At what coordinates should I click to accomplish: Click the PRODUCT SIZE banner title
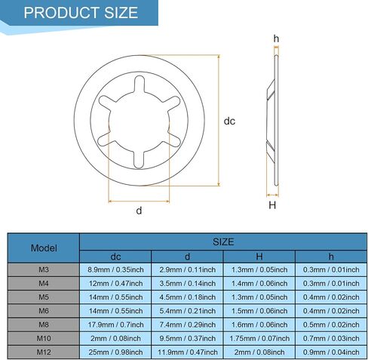tap(81, 13)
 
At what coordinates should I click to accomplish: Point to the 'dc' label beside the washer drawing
tap(229, 122)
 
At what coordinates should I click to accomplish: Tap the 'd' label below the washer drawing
tap(139, 211)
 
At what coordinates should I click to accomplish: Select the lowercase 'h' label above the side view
tap(276, 38)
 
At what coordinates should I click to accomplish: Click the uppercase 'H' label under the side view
tap(272, 205)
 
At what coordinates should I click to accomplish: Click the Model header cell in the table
tap(44, 248)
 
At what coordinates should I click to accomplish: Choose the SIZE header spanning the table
tap(223, 242)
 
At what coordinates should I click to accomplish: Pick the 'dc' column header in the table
tap(115, 257)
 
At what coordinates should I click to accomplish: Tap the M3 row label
tap(44, 269)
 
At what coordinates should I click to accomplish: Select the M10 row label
tap(44, 338)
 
